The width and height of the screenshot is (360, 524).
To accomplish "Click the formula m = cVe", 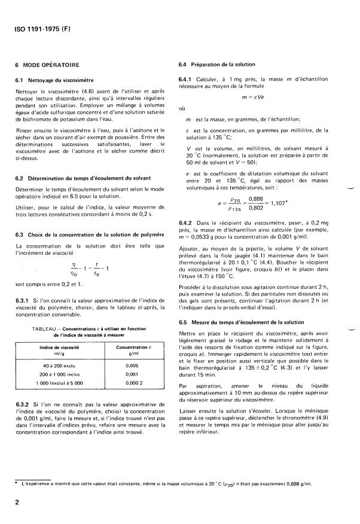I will click(x=253, y=97).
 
